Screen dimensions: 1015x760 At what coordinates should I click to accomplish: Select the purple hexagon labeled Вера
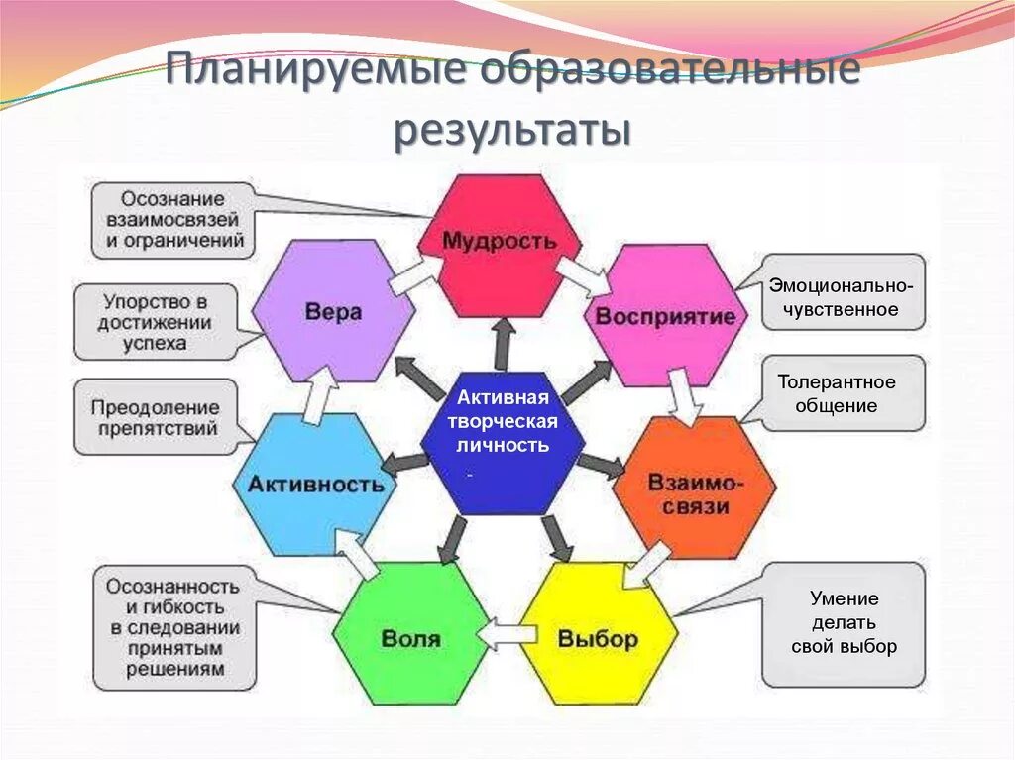click(333, 311)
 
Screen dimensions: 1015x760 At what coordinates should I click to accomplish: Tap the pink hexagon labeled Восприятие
click(665, 315)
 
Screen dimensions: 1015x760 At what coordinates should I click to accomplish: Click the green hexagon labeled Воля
click(411, 635)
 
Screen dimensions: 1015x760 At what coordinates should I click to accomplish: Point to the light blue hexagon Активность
click(315, 484)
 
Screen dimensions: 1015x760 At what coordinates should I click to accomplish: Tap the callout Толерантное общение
click(843, 393)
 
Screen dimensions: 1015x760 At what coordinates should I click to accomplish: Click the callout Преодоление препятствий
click(155, 417)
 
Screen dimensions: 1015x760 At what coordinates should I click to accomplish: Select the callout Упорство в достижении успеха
click(157, 321)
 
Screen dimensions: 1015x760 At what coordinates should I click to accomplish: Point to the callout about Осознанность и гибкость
click(174, 627)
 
